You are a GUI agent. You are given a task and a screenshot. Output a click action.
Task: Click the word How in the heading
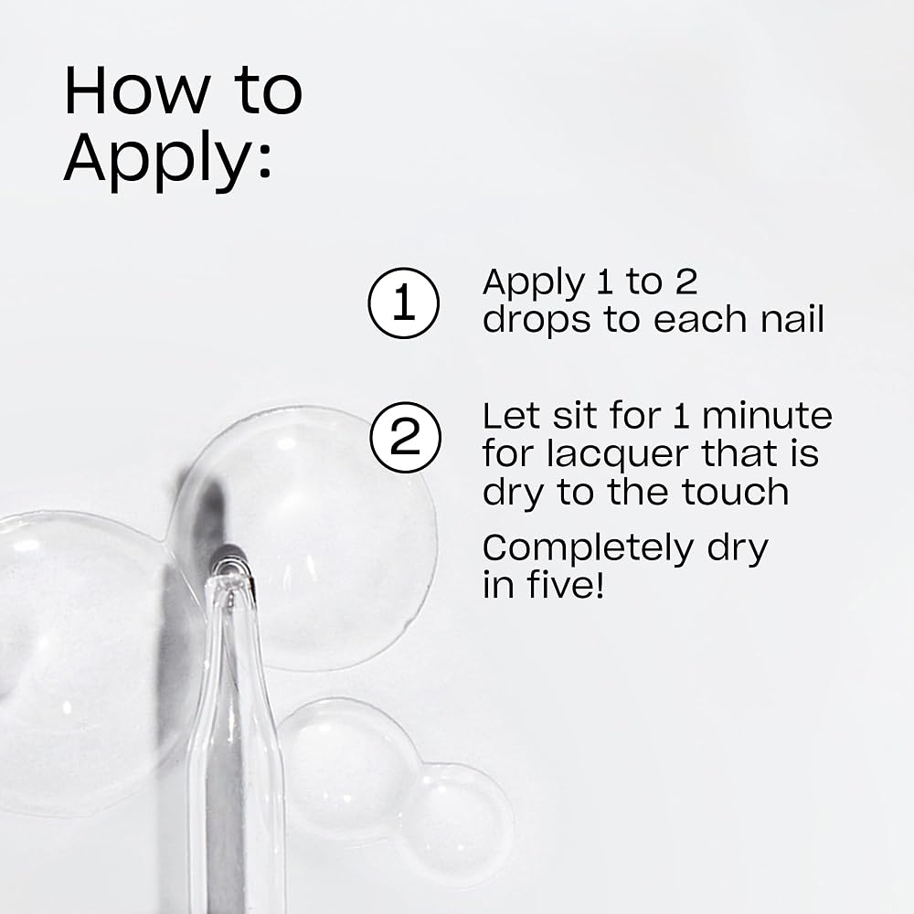point(136,90)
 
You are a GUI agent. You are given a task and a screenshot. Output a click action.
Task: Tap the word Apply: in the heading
point(168,160)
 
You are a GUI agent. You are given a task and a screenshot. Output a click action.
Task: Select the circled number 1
point(403,303)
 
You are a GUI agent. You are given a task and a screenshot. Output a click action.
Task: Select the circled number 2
point(406,437)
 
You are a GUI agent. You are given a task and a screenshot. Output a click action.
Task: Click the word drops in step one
point(537,322)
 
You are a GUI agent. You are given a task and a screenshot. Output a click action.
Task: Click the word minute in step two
point(767,416)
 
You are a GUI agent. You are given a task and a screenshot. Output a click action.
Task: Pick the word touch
point(736,492)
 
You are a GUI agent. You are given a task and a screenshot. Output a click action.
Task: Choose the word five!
point(565,584)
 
